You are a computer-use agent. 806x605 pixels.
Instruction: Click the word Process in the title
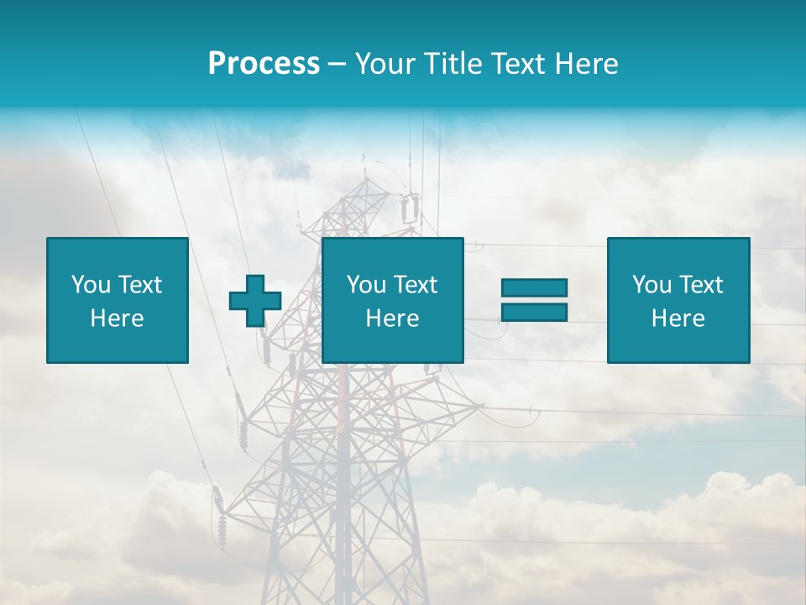tap(264, 64)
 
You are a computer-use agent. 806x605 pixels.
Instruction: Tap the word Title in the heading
tap(451, 64)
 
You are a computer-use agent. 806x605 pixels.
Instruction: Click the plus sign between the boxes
tap(255, 301)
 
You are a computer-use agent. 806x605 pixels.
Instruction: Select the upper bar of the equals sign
tap(534, 287)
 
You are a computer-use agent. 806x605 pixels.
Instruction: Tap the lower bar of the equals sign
tap(534, 312)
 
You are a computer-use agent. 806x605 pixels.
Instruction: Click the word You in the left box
tap(91, 285)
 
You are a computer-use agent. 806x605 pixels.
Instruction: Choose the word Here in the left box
tap(117, 318)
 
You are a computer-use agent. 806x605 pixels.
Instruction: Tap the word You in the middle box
tap(366, 285)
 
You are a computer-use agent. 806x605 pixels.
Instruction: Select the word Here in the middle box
tap(392, 318)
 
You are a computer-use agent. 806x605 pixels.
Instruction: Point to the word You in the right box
tap(652, 285)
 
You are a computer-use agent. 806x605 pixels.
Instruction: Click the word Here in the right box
tap(678, 318)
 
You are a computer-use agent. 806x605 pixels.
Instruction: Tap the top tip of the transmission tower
tap(364, 156)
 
